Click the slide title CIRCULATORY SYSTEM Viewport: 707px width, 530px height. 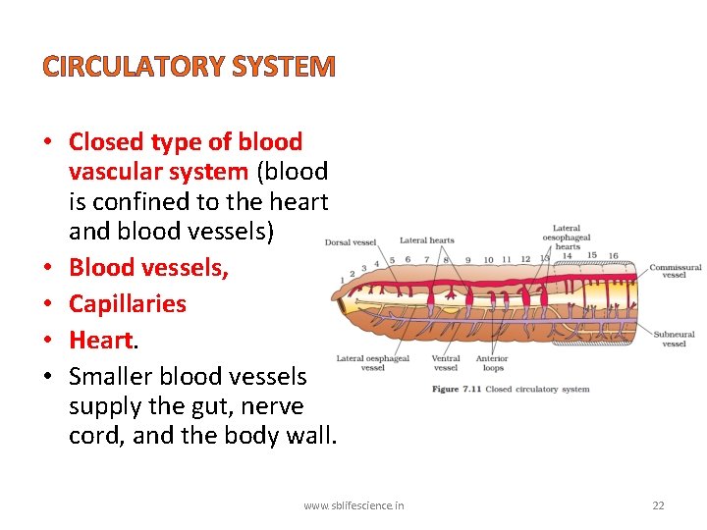[x=190, y=67]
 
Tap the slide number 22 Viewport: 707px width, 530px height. [x=658, y=505]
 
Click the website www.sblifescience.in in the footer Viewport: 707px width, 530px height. [x=353, y=505]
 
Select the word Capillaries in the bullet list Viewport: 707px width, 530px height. [x=127, y=303]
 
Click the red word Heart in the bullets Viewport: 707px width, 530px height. [x=100, y=340]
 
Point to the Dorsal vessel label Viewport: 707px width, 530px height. [x=351, y=242]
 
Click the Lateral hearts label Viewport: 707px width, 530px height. [x=427, y=240]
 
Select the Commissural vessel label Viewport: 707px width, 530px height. [x=675, y=270]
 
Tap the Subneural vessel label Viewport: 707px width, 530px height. [x=674, y=339]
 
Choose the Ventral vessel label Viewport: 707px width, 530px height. [x=446, y=363]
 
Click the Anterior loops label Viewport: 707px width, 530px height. [x=492, y=363]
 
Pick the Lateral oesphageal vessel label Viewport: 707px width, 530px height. [x=372, y=363]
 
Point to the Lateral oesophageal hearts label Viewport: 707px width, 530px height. [x=567, y=238]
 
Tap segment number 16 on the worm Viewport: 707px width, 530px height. [x=613, y=256]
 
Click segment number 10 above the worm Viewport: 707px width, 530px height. [x=488, y=260]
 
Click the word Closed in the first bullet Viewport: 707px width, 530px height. [x=106, y=142]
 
